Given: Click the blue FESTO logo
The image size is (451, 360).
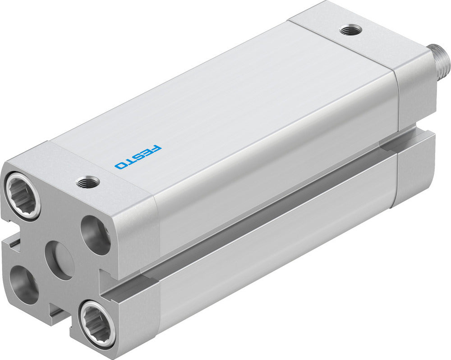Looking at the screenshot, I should click(138, 157).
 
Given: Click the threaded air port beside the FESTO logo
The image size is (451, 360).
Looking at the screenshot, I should click(88, 182).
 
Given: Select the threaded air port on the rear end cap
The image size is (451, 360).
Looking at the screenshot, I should click(350, 31).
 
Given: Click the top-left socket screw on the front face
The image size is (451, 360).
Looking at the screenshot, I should click(23, 196).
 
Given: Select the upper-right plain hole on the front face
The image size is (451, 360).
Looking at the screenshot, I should click(96, 235).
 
